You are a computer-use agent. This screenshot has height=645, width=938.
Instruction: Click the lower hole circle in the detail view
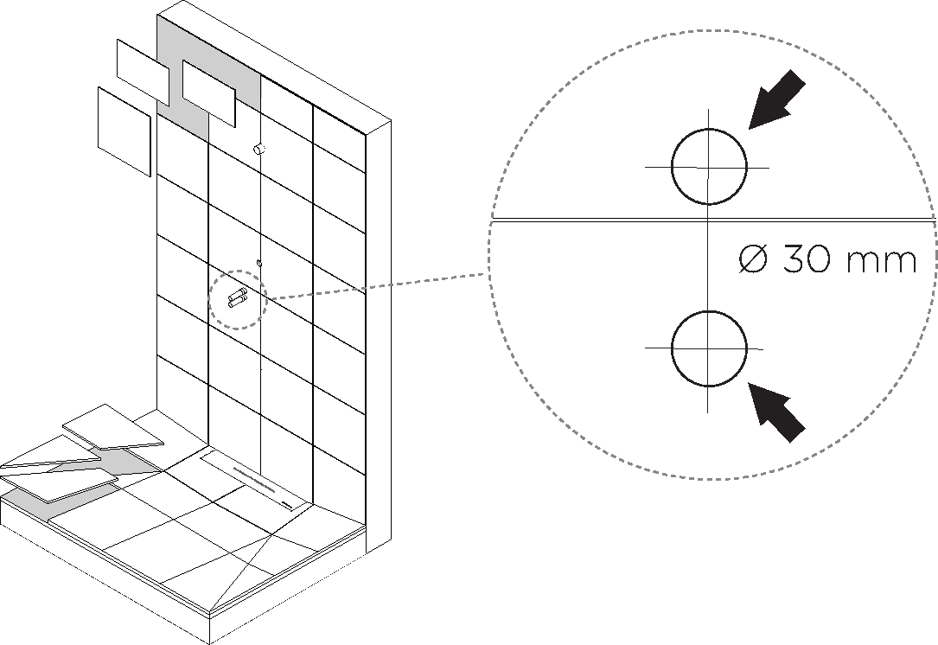tap(708, 348)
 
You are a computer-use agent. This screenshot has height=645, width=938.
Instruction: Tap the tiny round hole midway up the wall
tap(258, 261)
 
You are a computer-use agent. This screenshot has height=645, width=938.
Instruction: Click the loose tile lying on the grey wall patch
tap(208, 93)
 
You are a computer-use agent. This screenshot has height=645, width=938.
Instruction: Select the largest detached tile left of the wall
tap(124, 131)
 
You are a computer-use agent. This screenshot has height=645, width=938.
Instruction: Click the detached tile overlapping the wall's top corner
tap(143, 72)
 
